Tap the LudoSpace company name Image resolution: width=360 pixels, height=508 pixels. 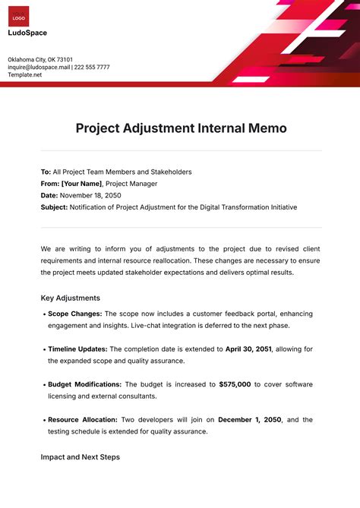click(27, 33)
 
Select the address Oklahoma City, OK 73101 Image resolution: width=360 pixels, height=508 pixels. click(40, 59)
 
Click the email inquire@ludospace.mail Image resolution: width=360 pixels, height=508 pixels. click(39, 67)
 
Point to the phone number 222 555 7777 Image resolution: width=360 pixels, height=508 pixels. click(92, 67)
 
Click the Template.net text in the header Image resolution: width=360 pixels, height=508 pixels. click(25, 74)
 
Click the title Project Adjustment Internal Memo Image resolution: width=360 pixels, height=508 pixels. click(181, 128)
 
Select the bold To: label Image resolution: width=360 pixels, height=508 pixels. click(46, 172)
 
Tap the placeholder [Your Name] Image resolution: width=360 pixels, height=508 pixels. click(81, 183)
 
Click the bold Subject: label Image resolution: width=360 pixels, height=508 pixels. click(54, 207)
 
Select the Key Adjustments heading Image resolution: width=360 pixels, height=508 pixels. click(70, 298)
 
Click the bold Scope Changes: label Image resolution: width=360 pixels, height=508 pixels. click(74, 314)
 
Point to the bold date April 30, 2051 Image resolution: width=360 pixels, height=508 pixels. click(248, 349)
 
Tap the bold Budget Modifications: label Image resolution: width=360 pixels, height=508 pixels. click(84, 384)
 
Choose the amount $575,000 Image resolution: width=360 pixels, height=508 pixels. click(235, 384)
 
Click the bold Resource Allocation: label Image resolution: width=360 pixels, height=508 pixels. click(82, 419)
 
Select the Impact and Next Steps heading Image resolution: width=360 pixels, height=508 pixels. click(80, 457)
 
